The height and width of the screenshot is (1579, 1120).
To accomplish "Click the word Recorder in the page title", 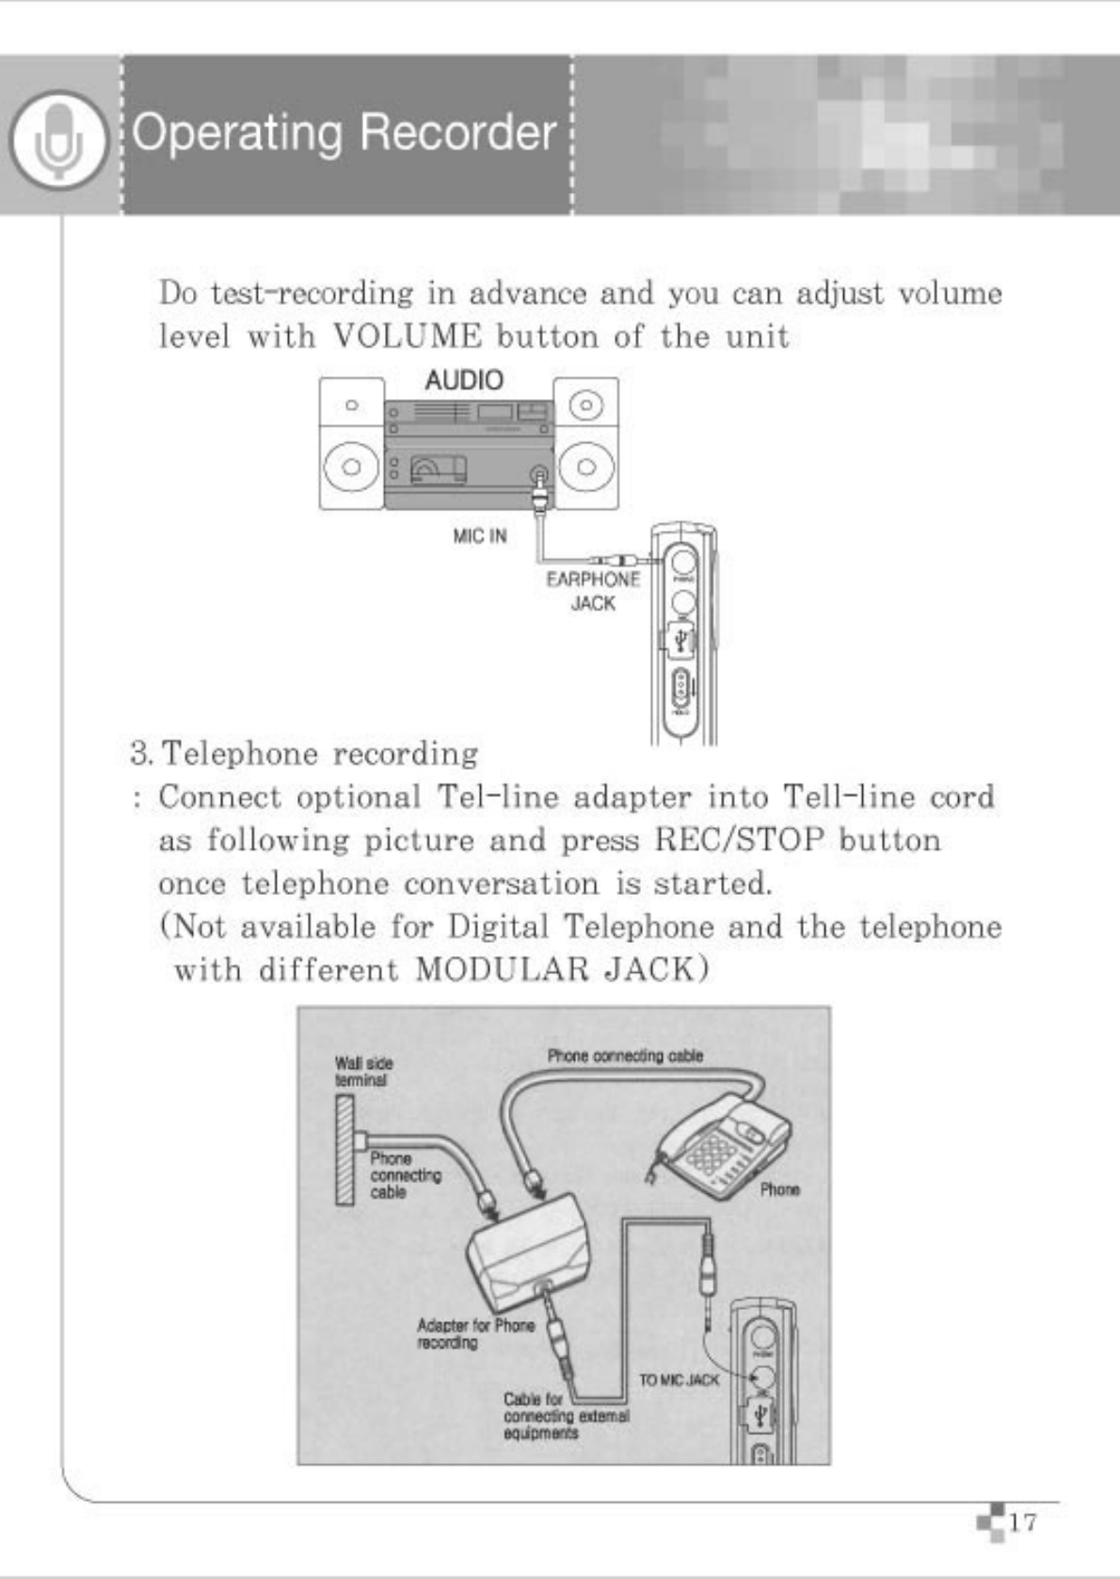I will pyautogui.click(x=458, y=133).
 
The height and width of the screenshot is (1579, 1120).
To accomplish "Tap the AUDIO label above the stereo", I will pyautogui.click(x=463, y=380).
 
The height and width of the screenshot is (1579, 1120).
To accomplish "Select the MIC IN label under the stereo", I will pyautogui.click(x=480, y=535).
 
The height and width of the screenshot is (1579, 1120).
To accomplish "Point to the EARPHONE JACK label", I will pyautogui.click(x=593, y=591).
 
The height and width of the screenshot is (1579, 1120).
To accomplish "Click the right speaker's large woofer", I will pyautogui.click(x=585, y=467).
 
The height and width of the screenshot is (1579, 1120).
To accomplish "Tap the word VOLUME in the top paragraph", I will pyautogui.click(x=408, y=336).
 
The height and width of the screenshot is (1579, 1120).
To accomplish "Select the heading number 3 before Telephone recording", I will pyautogui.click(x=141, y=754).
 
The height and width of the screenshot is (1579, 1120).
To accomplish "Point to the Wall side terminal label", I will pyautogui.click(x=363, y=1072).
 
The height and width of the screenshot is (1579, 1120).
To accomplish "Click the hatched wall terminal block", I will pyautogui.click(x=346, y=1151).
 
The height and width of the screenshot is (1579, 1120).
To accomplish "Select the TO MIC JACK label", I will pyautogui.click(x=679, y=1380).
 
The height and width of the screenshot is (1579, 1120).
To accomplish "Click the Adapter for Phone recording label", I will pyautogui.click(x=475, y=1333).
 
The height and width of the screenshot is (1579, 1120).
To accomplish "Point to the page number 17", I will pyautogui.click(x=1022, y=1522).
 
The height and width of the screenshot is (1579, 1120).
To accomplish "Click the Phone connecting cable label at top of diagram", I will pyautogui.click(x=625, y=1056).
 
